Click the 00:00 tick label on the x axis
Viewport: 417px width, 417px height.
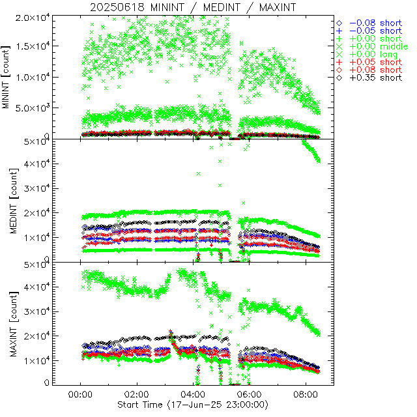pos(80,394)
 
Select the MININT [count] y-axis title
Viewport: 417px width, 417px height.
pos(7,77)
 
